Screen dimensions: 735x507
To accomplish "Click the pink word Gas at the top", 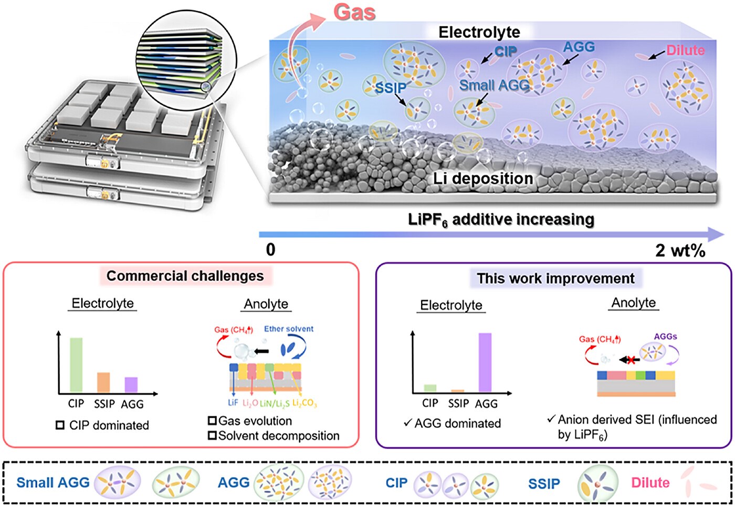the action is [x=354, y=12].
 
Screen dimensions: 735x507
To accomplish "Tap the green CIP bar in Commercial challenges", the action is [x=76, y=365].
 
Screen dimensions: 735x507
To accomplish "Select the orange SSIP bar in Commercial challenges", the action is [x=103, y=382].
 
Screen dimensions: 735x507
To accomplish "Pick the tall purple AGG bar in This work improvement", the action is [x=485, y=363].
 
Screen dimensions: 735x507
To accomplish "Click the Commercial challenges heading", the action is [x=185, y=276].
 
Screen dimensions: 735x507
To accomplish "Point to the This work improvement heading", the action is [x=555, y=278].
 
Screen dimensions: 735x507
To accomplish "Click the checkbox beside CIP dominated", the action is [x=60, y=425].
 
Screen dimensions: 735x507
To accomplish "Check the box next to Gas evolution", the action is [x=212, y=421].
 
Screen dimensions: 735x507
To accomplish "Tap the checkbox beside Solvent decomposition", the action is [x=212, y=436].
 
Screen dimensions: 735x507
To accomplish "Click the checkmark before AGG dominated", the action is [x=408, y=422].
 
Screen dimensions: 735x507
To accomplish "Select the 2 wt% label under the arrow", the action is [x=680, y=251].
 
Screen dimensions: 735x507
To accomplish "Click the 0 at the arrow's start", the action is [x=271, y=250].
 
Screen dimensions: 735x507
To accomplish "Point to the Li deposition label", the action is [x=483, y=179].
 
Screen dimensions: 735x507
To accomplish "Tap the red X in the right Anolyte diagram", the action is [x=631, y=360].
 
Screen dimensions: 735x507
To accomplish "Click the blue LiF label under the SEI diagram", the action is [x=233, y=402].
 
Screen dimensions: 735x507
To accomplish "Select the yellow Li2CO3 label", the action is [x=304, y=403].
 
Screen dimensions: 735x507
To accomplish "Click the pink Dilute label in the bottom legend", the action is [x=650, y=483].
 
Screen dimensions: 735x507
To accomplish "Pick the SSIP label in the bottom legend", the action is [x=544, y=484].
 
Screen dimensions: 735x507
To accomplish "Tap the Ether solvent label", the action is [x=289, y=329].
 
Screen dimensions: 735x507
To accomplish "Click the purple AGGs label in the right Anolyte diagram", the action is [x=666, y=337].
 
